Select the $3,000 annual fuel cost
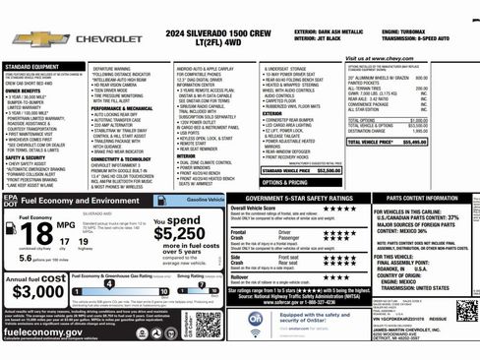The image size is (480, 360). tap(39, 292)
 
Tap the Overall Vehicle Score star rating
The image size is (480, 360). tap(313, 209)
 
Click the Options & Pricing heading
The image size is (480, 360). tap(285, 182)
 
